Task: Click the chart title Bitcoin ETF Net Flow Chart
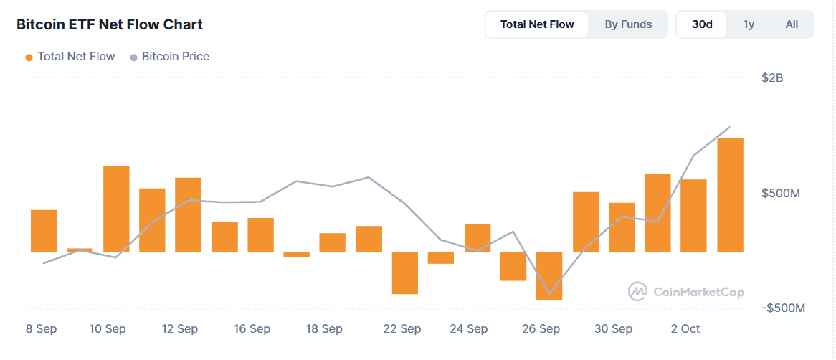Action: point(110,24)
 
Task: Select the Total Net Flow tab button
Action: point(537,24)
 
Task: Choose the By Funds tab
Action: point(628,24)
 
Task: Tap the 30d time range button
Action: point(702,24)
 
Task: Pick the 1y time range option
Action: point(749,24)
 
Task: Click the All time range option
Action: point(792,24)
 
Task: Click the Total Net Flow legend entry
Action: point(70,56)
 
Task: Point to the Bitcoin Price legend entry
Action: point(169,56)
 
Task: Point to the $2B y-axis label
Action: point(772,77)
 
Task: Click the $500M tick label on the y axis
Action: point(781,194)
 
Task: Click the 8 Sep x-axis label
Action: point(41,329)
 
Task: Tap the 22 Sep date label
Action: point(402,329)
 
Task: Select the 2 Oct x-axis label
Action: point(685,329)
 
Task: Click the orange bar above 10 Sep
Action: point(116,209)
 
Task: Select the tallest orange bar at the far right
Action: point(730,194)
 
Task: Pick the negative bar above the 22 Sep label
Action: point(404,273)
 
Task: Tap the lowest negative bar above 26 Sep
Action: point(549,276)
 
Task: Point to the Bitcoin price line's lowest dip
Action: point(549,293)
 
